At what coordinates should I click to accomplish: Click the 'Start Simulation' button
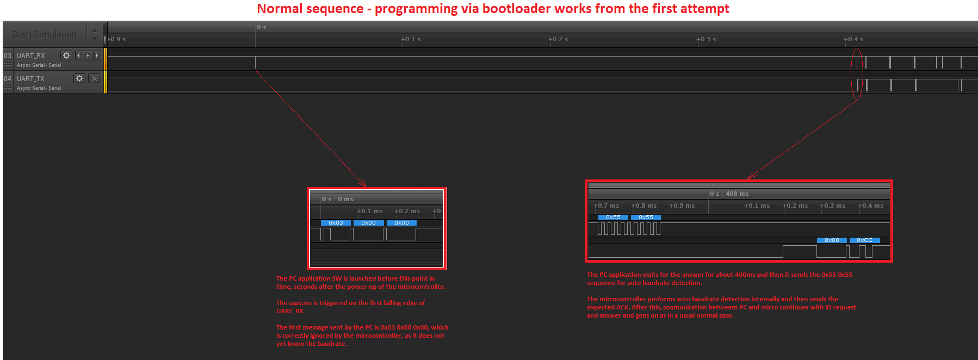tap(44, 34)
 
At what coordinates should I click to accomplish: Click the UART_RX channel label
tap(31, 55)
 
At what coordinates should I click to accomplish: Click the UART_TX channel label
tap(30, 78)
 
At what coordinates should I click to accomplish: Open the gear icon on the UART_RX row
tap(66, 55)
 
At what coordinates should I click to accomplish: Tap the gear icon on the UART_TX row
tap(79, 78)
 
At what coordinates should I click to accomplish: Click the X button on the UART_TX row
tap(94, 78)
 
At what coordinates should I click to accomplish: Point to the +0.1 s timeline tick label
tap(411, 39)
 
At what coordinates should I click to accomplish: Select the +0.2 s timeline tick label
tap(558, 39)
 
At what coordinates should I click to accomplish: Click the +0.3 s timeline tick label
tap(706, 39)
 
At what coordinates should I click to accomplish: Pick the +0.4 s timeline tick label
tap(853, 39)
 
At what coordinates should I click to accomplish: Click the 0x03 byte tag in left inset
tap(336, 223)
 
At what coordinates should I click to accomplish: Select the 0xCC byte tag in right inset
tap(864, 240)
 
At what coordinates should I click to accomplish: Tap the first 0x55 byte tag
tap(613, 218)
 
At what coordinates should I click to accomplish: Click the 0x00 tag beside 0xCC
tap(832, 240)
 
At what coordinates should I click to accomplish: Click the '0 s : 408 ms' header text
tap(729, 194)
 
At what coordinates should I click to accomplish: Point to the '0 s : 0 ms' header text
tap(337, 199)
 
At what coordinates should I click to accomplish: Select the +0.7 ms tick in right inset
tap(606, 206)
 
